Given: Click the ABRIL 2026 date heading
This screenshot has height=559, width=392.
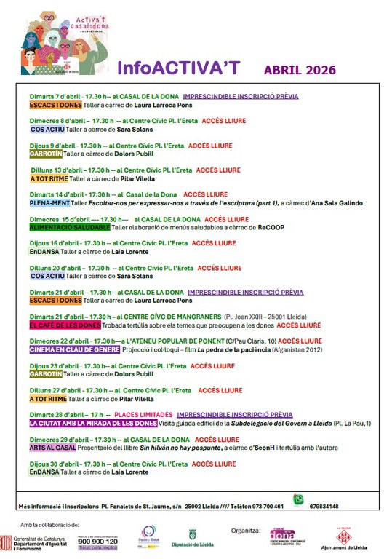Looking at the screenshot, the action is click(x=300, y=71).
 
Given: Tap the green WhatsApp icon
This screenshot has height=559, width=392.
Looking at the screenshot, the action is click(x=297, y=499).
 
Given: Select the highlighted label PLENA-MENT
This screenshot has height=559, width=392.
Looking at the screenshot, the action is click(x=49, y=203).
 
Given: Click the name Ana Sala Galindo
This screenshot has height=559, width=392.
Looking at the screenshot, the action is click(x=337, y=203).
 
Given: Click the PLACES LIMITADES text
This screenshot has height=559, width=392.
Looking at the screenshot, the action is click(x=143, y=415).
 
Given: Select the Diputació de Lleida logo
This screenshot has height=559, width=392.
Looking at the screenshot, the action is click(x=192, y=539).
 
